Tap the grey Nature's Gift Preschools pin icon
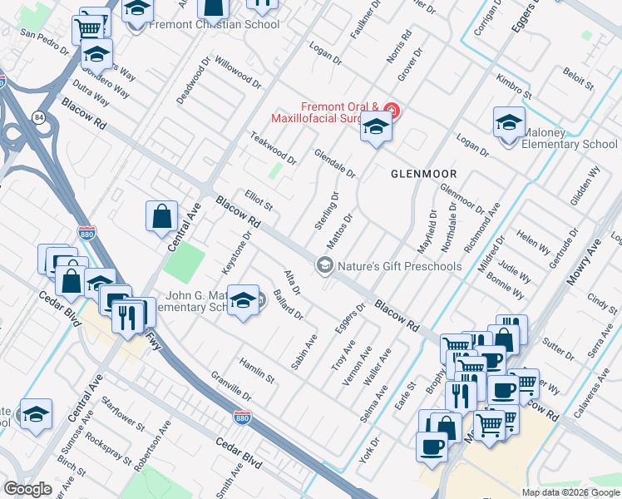(324, 265)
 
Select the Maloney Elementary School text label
(569, 138)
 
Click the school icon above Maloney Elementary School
(509, 123)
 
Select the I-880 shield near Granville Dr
(242, 416)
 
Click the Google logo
(27, 489)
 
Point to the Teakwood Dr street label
(273, 147)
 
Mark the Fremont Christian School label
(214, 24)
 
